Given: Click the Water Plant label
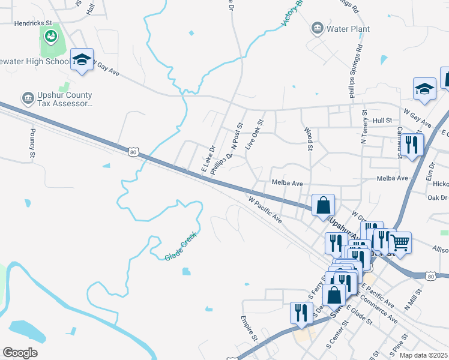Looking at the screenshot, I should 348,29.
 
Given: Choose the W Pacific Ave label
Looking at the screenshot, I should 264,207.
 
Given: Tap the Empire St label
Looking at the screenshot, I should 249,329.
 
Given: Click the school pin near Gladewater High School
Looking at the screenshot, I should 82,59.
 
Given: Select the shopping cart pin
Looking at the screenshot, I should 400,242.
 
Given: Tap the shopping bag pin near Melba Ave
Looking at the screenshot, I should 323,205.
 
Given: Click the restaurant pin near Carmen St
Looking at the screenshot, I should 412,145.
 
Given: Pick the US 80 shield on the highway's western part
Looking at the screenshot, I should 133,152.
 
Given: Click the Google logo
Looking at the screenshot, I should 20,353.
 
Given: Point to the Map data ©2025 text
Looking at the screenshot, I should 424,355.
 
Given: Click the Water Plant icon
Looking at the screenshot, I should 317,28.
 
